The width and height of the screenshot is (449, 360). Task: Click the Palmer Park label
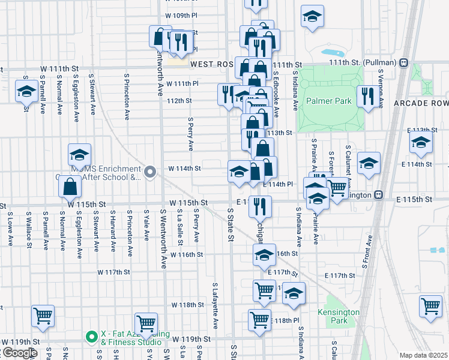[328, 101]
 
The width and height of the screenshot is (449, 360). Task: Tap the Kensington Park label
[339, 316]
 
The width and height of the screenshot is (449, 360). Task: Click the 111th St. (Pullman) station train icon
[404, 62]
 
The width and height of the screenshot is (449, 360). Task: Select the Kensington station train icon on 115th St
[378, 194]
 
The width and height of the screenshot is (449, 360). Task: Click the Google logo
[19, 353]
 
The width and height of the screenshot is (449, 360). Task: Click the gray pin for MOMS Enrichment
[151, 173]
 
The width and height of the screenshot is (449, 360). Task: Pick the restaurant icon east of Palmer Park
[365, 97]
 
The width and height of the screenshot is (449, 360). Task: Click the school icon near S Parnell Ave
[26, 91]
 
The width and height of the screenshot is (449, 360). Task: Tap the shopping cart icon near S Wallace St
[43, 316]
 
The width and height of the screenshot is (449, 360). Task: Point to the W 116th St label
[187, 254]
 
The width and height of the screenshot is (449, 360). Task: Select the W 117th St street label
[114, 272]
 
